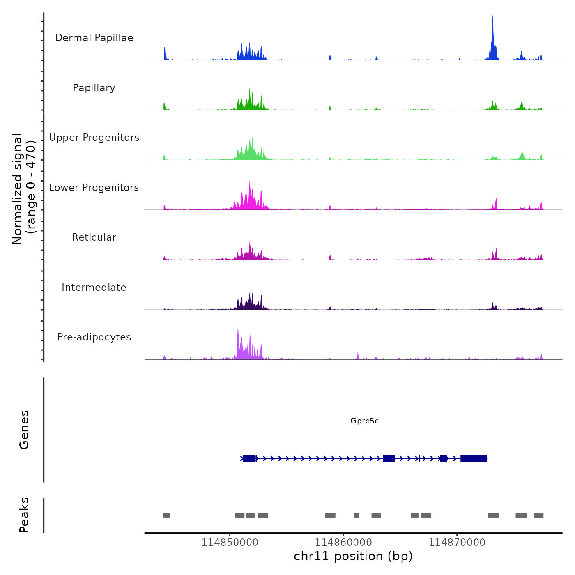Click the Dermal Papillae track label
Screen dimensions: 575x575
tap(94, 38)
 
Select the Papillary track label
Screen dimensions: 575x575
tap(94, 88)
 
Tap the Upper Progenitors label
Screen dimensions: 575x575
tap(94, 138)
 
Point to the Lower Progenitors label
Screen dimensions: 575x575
tap(94, 188)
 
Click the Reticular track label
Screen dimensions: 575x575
tap(94, 237)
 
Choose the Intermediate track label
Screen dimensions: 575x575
tap(94, 287)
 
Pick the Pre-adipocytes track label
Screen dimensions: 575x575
tap(94, 337)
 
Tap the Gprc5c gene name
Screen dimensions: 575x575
tap(364, 421)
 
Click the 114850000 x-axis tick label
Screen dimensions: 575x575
tap(230, 543)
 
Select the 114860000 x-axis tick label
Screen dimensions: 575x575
tap(343, 543)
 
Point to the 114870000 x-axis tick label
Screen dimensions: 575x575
tap(457, 543)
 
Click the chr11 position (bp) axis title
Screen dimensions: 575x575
tap(353, 556)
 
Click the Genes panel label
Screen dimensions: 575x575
tap(24, 430)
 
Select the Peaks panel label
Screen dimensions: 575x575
tap(24, 515)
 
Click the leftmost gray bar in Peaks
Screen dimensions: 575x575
tap(167, 515)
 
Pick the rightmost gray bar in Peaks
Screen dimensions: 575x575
tap(538, 515)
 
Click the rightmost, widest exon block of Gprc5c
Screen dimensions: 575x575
tap(474, 458)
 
